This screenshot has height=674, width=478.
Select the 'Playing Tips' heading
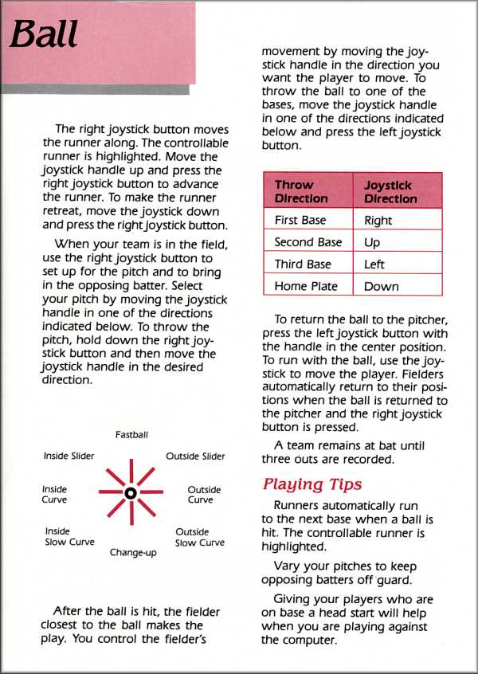tap(311, 484)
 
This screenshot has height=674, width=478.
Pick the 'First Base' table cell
tap(300, 220)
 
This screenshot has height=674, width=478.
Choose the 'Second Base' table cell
tap(308, 242)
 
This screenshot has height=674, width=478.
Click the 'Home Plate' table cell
tap(306, 286)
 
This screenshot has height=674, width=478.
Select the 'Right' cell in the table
tap(378, 220)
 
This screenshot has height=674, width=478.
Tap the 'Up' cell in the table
tap(372, 242)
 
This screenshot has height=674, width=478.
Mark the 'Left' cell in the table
tap(374, 264)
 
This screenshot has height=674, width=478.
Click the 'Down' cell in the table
tap(381, 286)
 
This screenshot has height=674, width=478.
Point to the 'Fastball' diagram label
tap(131, 435)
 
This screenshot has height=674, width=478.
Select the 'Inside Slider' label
tap(69, 457)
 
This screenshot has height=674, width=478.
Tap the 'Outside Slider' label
tap(195, 457)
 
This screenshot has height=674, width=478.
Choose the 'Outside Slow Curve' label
tap(199, 537)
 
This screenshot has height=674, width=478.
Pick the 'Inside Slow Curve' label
tap(69, 537)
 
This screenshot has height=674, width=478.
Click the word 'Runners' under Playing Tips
tap(298, 506)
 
